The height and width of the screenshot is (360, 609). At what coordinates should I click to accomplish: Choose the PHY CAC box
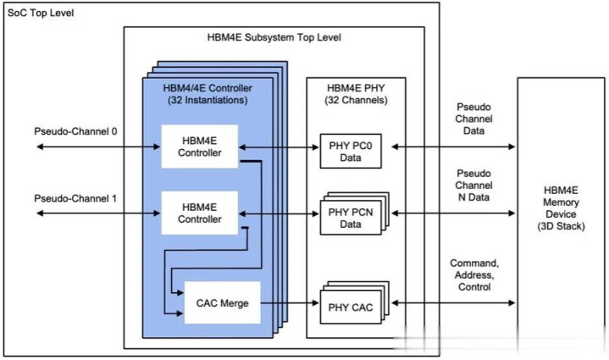coord(351,302)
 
